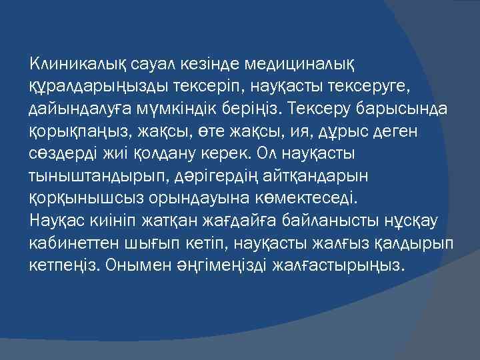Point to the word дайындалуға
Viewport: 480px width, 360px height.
tap(77, 109)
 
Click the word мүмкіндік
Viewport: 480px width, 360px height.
tap(189, 109)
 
